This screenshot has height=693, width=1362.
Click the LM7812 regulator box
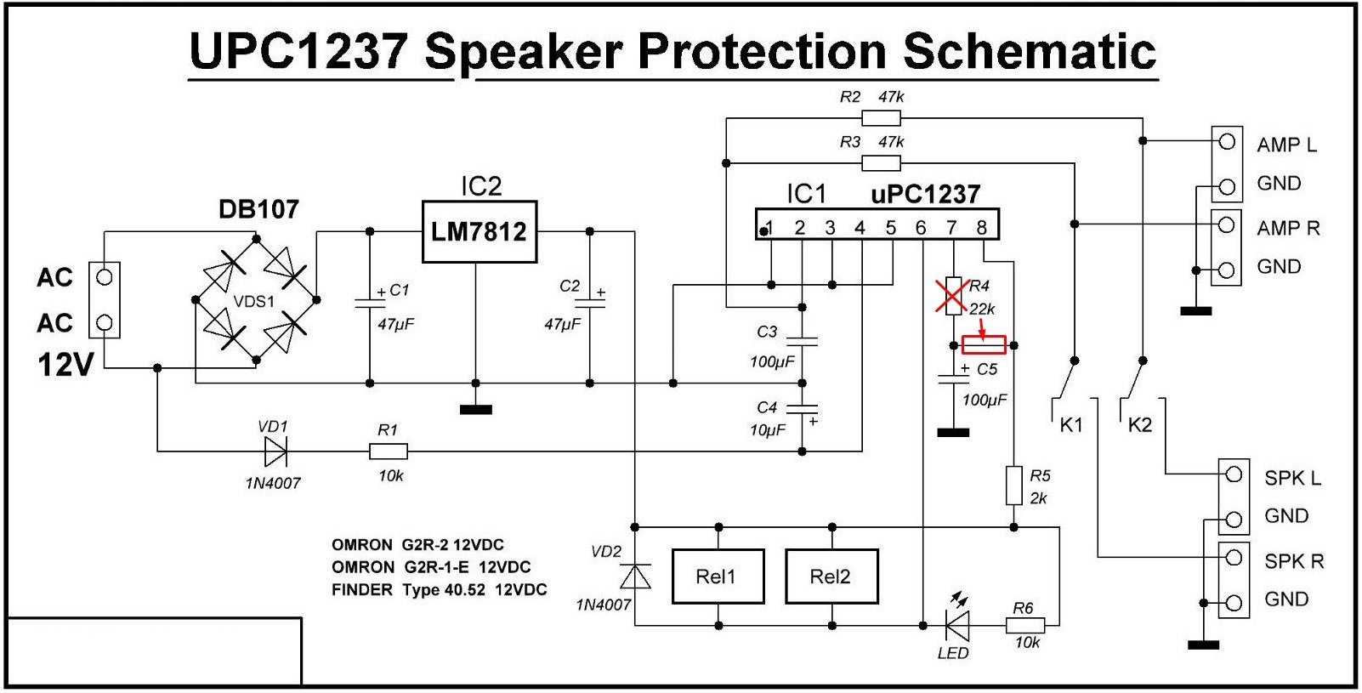(x=479, y=231)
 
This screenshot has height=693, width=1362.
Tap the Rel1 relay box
(x=718, y=577)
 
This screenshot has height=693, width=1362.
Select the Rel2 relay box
(x=831, y=577)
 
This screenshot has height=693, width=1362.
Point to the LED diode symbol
(x=957, y=626)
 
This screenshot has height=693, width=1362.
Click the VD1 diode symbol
(x=275, y=452)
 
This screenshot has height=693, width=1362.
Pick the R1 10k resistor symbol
(x=389, y=452)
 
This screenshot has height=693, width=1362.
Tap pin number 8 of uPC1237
(x=982, y=227)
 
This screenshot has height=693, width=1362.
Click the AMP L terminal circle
(x=1226, y=142)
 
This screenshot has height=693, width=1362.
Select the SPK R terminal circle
(x=1234, y=559)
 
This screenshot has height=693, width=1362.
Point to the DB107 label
(x=258, y=209)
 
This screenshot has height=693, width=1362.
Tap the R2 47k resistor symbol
(x=881, y=117)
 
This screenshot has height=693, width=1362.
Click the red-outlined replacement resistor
(x=984, y=344)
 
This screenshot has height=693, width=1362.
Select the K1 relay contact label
(x=1071, y=424)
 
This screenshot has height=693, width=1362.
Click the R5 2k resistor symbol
(x=1013, y=486)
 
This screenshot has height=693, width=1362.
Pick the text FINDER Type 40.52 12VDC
(x=439, y=589)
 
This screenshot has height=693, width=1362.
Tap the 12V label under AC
(x=65, y=365)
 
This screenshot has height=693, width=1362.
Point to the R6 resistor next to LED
(x=1024, y=626)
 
